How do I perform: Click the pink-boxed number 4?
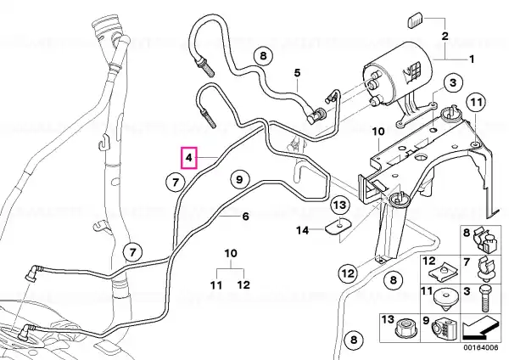point(189,158)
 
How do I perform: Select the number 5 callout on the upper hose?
point(298,73)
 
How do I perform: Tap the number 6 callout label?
point(246,216)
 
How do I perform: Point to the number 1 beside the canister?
point(472,59)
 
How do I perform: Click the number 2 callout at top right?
point(445,36)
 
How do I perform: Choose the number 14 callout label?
point(303,230)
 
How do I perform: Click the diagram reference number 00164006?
point(480,347)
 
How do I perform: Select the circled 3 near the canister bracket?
point(453,82)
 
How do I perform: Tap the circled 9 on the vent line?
point(239,179)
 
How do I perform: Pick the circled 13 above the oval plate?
point(340,205)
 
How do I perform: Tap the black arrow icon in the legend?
point(480,328)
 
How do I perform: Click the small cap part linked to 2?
point(414,20)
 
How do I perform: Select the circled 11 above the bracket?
point(476,103)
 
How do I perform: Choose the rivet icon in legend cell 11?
point(446,299)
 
